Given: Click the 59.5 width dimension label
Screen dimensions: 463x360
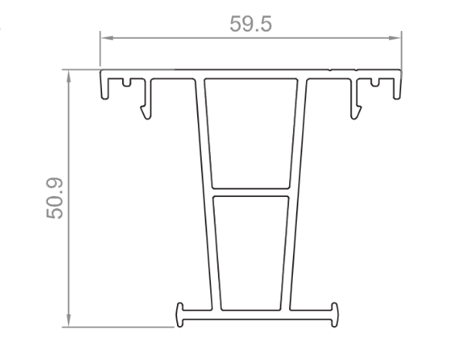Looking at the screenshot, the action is (x=250, y=24).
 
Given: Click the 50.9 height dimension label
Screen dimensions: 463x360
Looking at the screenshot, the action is (x=55, y=198).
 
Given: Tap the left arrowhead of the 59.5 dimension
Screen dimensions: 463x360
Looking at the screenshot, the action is (x=107, y=38).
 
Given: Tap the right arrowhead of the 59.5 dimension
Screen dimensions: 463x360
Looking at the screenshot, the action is (x=395, y=38).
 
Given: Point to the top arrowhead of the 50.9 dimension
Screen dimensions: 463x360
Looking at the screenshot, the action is (x=69, y=76).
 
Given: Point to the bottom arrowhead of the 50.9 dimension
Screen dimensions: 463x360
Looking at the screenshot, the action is (x=69, y=321).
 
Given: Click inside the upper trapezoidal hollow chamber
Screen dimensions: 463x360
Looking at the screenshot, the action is (x=250, y=133).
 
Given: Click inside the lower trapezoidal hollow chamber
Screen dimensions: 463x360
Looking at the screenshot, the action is (x=250, y=253).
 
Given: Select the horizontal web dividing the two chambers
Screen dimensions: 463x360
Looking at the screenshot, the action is (x=250, y=192).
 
